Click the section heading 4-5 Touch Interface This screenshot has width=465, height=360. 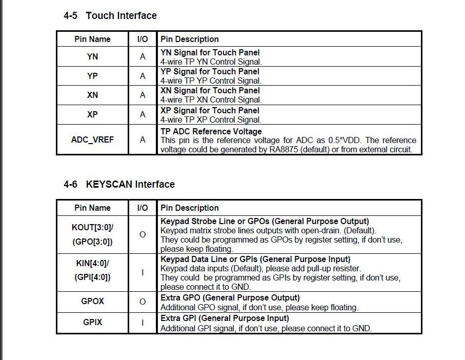tap(110, 15)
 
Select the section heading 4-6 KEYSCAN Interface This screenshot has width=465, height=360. tap(119, 184)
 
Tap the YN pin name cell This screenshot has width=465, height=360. tap(92, 56)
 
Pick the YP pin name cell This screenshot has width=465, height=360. tap(92, 76)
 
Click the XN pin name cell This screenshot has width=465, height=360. tap(92, 95)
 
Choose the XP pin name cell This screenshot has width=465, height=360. tap(92, 114)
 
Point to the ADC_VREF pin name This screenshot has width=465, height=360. tap(92, 139)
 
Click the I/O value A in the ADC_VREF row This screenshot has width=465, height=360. tap(143, 139)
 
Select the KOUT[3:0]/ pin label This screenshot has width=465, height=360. tap(92, 227)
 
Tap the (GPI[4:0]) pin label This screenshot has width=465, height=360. tap(92, 277)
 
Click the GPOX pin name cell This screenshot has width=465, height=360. tap(92, 302)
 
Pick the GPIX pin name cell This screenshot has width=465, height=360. tap(92, 323)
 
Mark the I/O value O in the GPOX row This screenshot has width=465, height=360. tap(143, 302)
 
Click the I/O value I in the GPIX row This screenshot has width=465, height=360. tap(143, 323)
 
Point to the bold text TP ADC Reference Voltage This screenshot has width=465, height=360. tap(211, 131)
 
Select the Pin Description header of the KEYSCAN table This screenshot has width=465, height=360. tap(189, 208)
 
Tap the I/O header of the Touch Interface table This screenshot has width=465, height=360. tap(143, 39)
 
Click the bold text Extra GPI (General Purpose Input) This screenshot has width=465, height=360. tap(225, 318)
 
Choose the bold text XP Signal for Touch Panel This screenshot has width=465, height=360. tap(210, 110)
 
